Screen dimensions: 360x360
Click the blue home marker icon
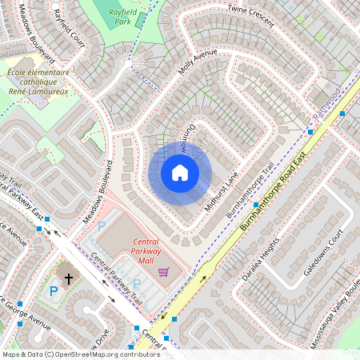pyautogui.click(x=180, y=173)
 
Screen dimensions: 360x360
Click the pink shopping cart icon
pyautogui.click(x=164, y=272)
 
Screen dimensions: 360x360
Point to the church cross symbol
pyautogui.click(x=69, y=278)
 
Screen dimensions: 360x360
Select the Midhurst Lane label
pyautogui.click(x=221, y=194)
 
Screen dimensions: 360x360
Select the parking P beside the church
pyautogui.click(x=54, y=291)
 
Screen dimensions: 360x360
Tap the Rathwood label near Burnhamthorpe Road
pyautogui.click(x=326, y=107)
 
